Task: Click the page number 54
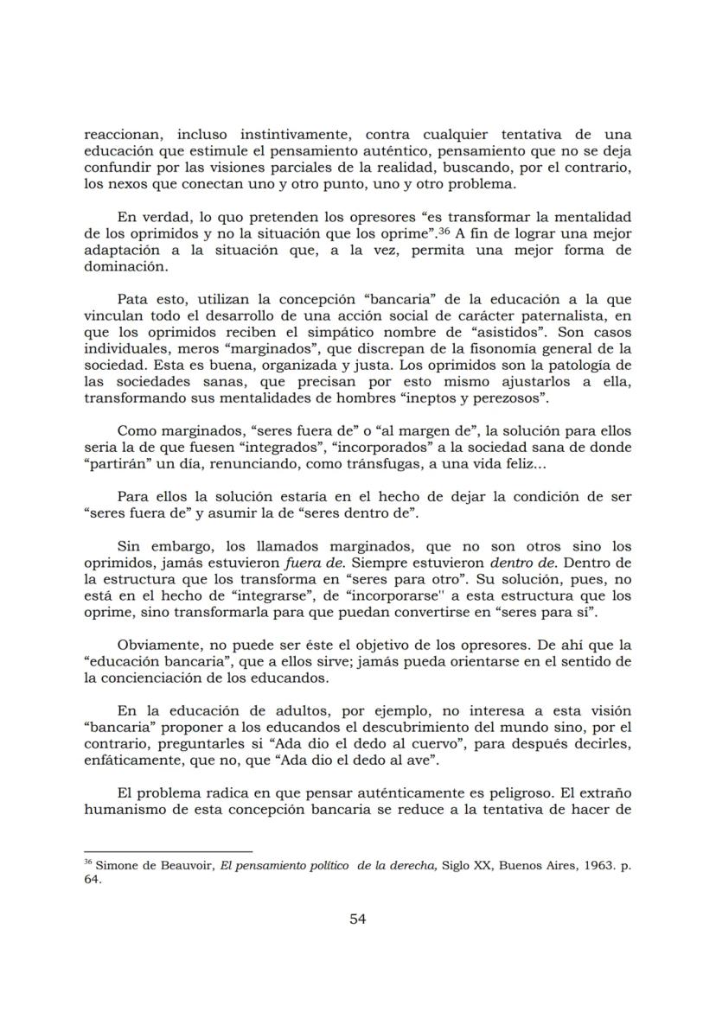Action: tap(358, 919)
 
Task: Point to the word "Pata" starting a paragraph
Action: tap(131, 300)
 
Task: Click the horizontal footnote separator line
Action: tap(168, 851)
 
